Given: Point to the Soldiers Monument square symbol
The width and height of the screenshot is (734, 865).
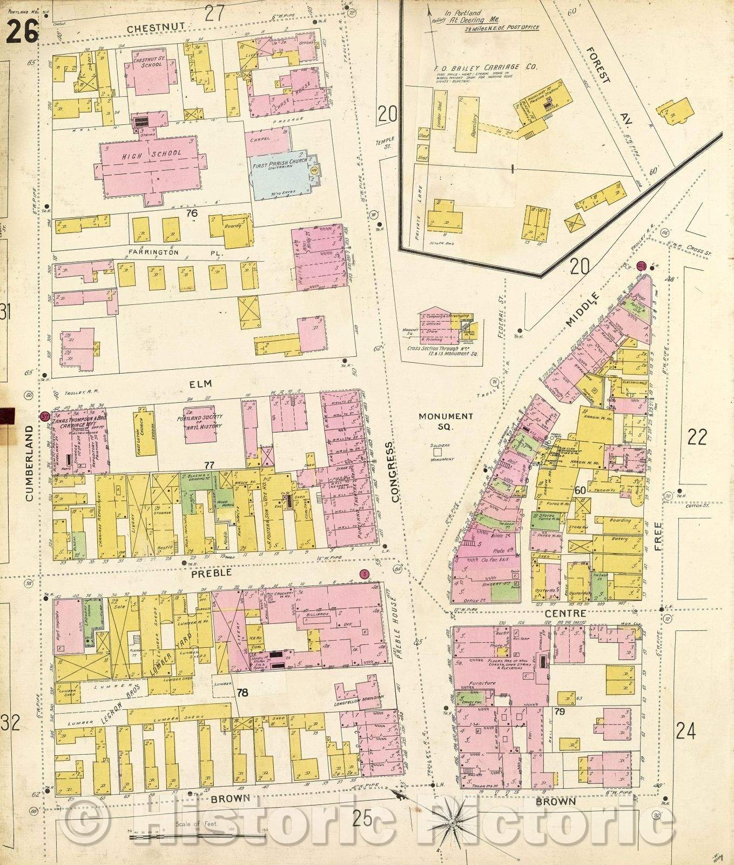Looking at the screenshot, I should (x=437, y=451).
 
